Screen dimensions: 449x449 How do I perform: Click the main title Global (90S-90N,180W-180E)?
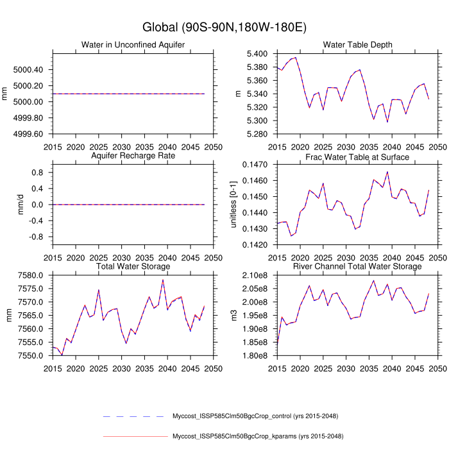coord(224,28)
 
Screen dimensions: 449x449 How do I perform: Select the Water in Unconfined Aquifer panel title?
coord(133,44)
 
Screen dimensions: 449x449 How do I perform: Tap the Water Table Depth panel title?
coord(358,44)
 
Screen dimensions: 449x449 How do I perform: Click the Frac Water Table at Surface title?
coord(358,156)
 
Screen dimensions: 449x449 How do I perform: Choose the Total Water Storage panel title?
coord(133,266)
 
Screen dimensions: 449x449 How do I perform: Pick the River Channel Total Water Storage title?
coord(358,266)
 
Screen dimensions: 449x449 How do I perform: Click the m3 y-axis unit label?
coord(235,315)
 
